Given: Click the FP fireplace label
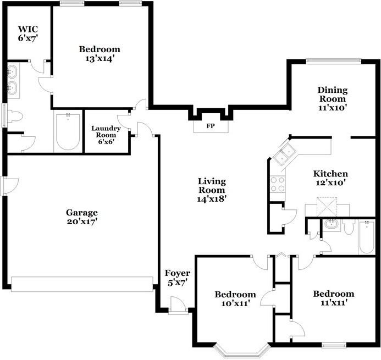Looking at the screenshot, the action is (x=211, y=126).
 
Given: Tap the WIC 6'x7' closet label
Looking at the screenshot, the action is (x=29, y=34).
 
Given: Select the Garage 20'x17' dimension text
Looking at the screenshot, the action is (x=82, y=221).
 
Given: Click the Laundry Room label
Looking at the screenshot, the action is (x=106, y=131).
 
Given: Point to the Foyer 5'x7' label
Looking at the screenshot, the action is (x=178, y=278).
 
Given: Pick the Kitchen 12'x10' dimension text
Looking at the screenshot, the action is (x=330, y=182).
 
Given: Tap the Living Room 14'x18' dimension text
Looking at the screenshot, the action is (x=212, y=199).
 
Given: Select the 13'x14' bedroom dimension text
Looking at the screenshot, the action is (x=100, y=58).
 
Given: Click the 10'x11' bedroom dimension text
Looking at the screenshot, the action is (x=235, y=303).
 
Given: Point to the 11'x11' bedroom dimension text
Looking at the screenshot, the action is (x=333, y=302).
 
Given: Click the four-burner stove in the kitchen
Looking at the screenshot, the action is (x=278, y=184).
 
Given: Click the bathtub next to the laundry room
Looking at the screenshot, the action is (x=68, y=131).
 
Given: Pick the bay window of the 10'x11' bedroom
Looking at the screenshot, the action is (x=242, y=351).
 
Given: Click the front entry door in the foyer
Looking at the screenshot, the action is (x=178, y=306).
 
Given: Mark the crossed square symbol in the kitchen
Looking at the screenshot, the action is (x=327, y=207).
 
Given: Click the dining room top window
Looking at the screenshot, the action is (x=333, y=61).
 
